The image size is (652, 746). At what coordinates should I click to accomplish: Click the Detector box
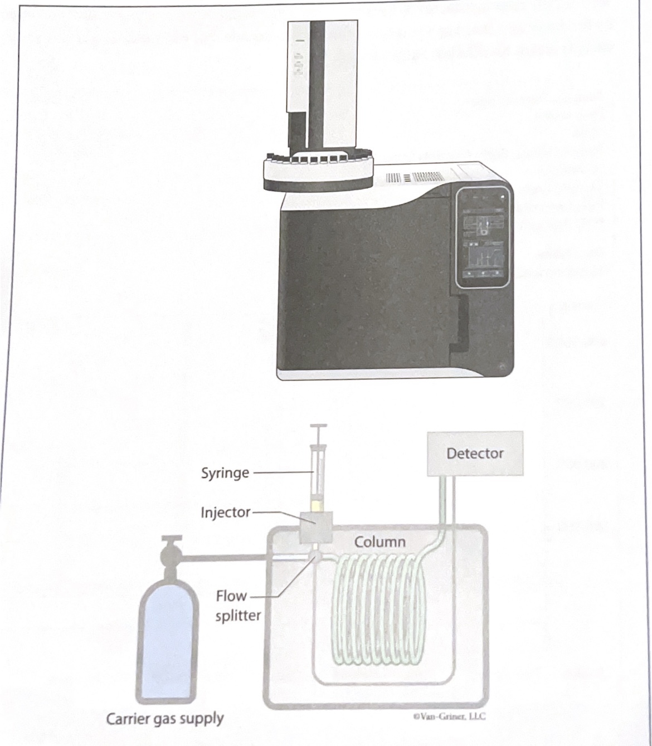coord(475,454)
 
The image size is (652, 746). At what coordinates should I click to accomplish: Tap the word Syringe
coord(225,473)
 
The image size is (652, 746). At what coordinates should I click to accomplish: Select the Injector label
coord(226,512)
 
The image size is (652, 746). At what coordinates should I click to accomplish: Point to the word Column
coord(379,542)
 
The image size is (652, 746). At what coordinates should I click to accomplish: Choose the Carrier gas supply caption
coord(165,719)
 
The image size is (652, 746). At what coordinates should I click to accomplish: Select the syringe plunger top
coord(319,427)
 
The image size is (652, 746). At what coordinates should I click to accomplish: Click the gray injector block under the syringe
coord(315,527)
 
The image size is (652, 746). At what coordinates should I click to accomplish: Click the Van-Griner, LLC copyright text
coord(449,716)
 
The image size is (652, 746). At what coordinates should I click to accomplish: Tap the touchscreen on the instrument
coord(483,237)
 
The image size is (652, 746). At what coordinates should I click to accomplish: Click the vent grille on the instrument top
coord(415,178)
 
